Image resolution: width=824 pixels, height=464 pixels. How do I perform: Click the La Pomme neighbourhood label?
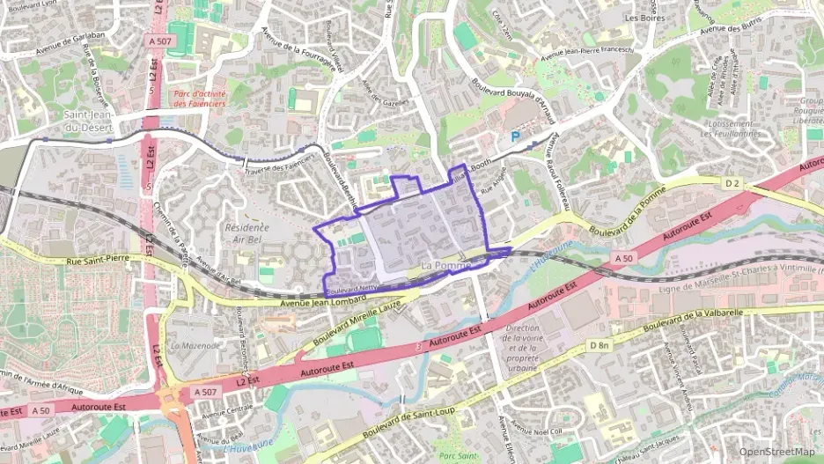[x=446, y=265]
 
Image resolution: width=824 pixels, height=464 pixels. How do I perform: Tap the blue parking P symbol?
[x=515, y=136]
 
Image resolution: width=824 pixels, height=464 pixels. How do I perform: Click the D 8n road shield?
[x=600, y=344]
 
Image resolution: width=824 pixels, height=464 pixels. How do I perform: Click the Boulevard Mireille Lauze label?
[x=357, y=324]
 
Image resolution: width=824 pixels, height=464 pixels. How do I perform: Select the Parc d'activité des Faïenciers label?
[x=199, y=98]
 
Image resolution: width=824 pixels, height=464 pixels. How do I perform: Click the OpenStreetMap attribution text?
[x=776, y=452]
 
